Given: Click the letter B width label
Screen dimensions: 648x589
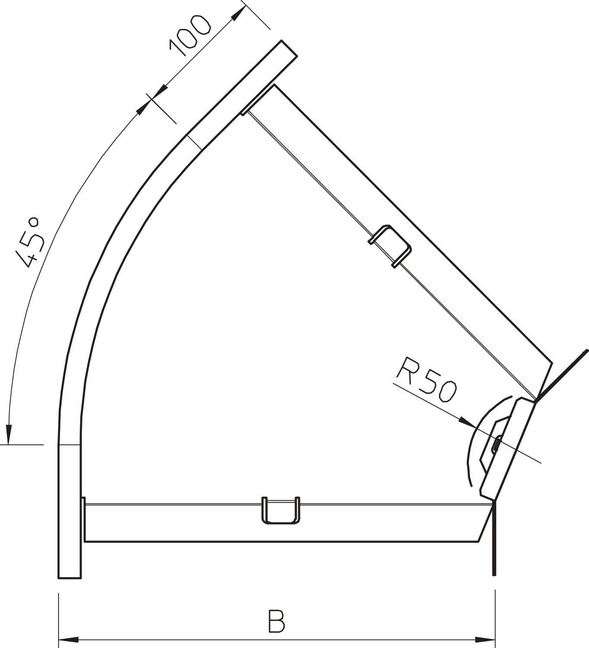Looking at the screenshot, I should pyautogui.click(x=276, y=621).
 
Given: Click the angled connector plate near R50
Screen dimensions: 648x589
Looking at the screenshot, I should pyautogui.click(x=508, y=447).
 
